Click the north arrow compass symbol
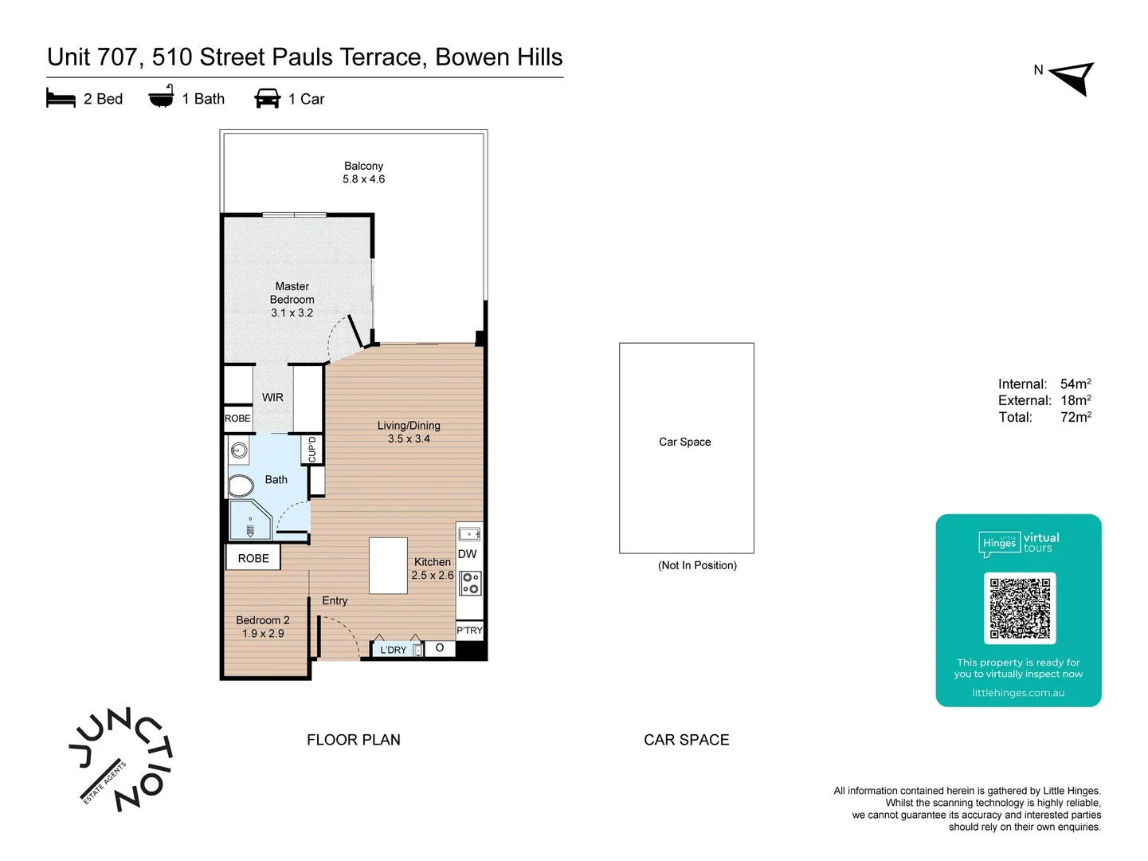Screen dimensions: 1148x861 [1074, 78]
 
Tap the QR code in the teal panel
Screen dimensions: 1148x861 [1020, 607]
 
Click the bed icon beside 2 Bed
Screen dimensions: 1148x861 [61, 98]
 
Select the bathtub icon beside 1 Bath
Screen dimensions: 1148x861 [161, 96]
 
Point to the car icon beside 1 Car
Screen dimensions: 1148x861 [267, 98]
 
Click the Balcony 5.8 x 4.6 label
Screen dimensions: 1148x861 [363, 172]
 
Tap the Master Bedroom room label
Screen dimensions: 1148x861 [292, 300]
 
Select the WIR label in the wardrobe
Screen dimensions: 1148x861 [272, 397]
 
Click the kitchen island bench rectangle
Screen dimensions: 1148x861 [388, 565]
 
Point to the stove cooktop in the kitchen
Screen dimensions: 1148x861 [470, 583]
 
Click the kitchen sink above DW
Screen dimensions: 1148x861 [470, 534]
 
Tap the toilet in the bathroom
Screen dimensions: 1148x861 [240, 486]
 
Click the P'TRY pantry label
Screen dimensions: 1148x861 [469, 630]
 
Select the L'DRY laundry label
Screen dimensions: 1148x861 [394, 650]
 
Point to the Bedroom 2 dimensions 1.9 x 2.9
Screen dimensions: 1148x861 [263, 633]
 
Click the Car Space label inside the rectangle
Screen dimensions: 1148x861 [684, 442]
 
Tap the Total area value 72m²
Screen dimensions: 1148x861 [1076, 417]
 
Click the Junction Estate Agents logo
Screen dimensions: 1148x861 [121, 759]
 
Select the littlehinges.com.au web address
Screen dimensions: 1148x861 [1018, 693]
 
